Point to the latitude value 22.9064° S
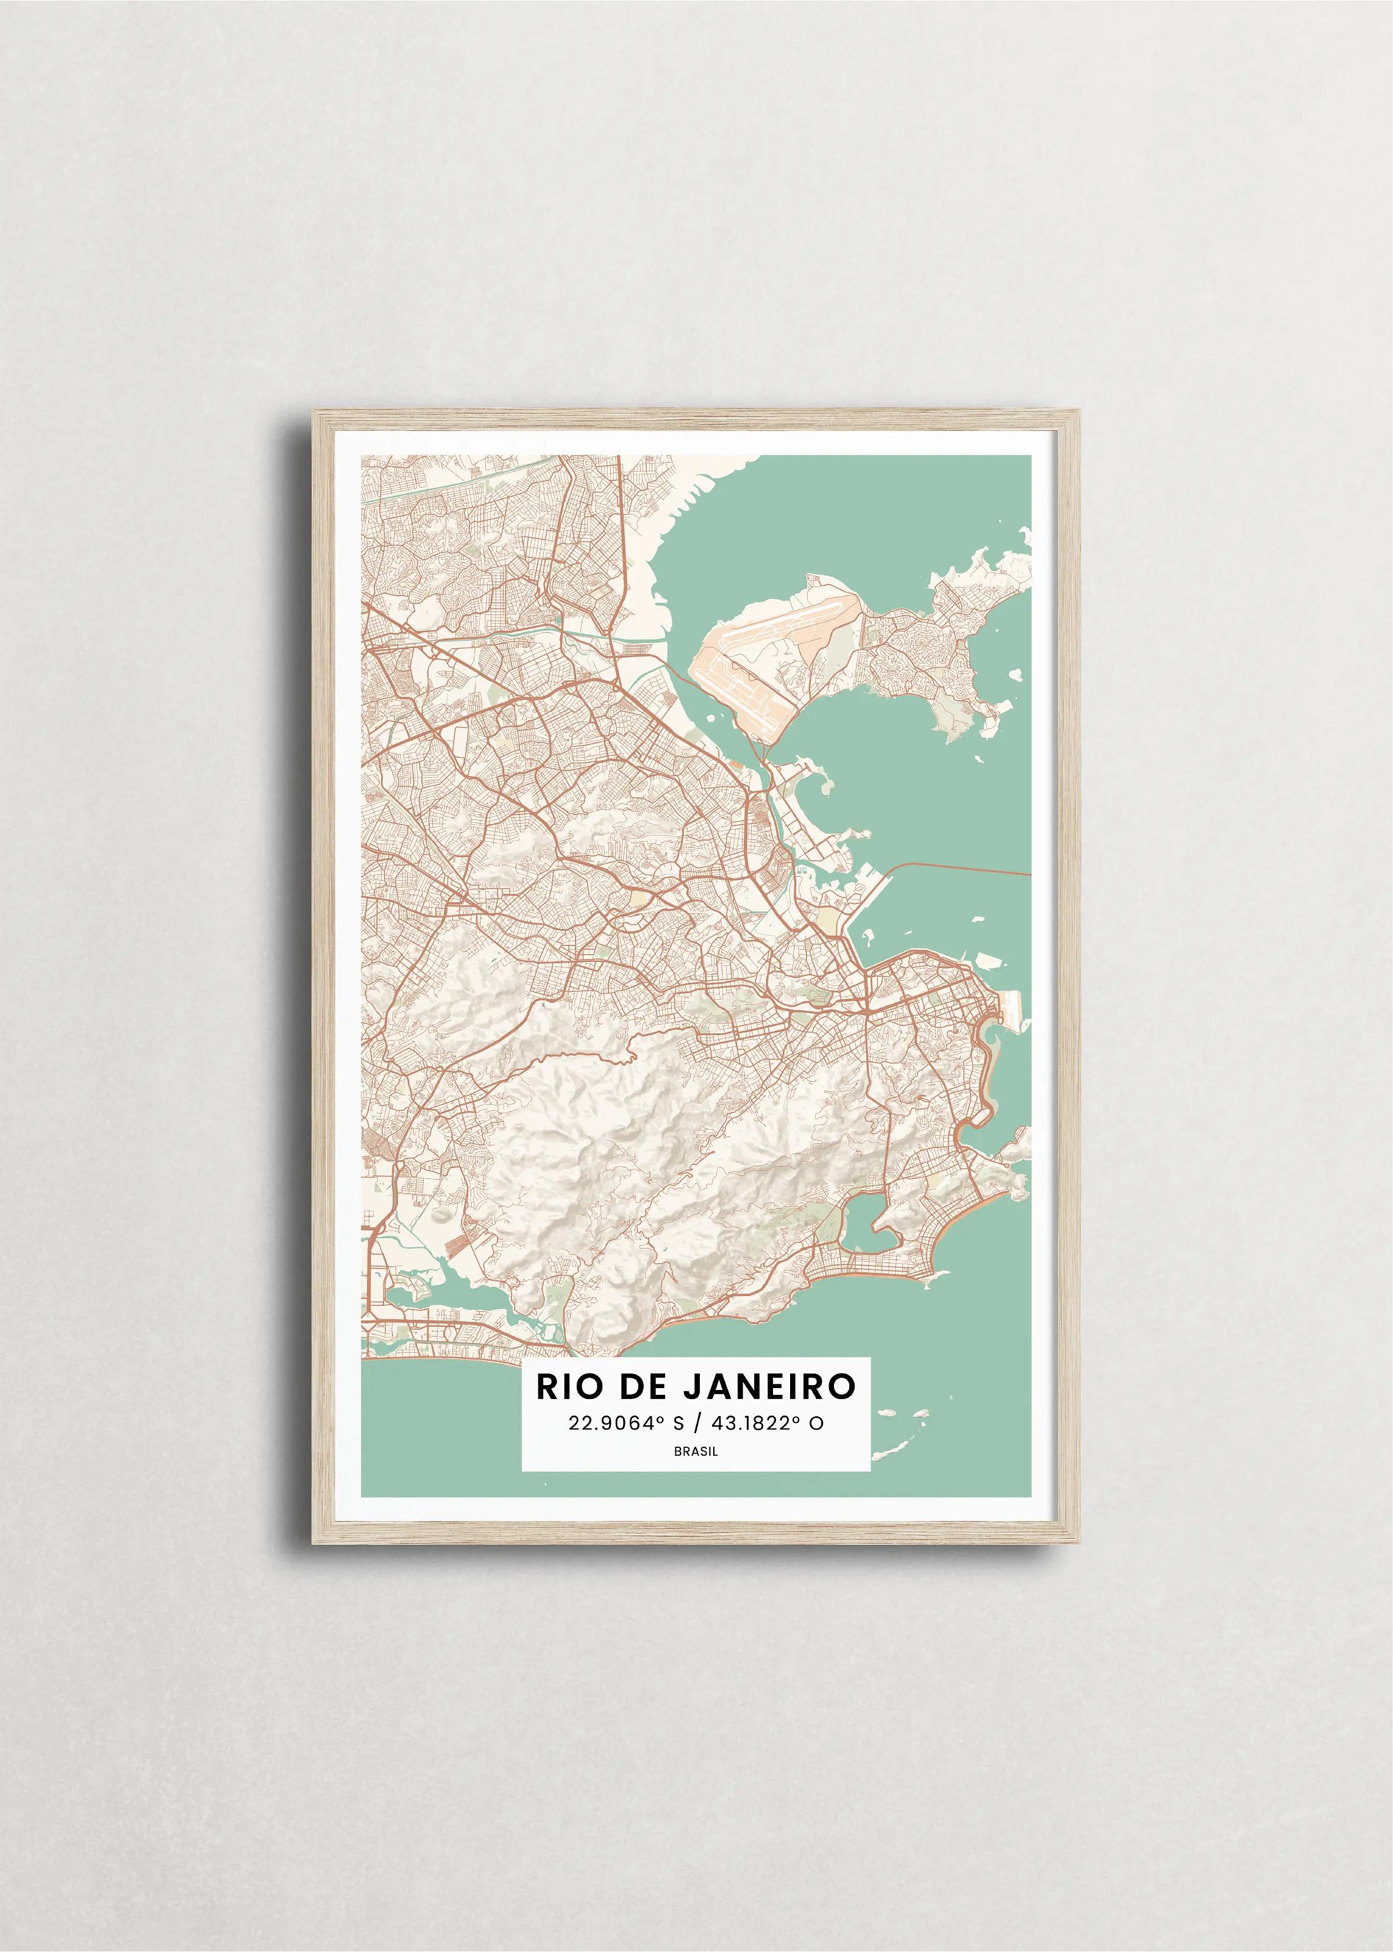click(626, 1423)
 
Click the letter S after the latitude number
click(679, 1423)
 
